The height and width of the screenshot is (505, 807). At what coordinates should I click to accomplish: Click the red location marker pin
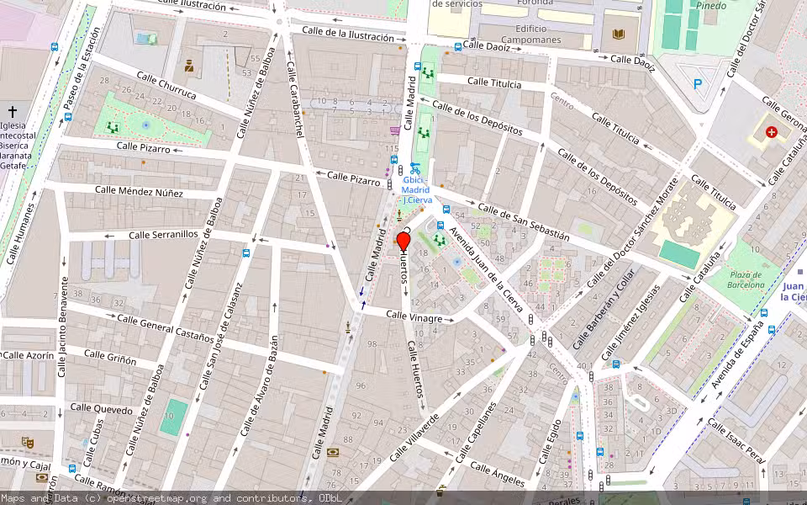pyautogui.click(x=403, y=242)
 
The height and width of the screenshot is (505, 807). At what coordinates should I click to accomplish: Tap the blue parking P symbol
pyautogui.click(x=697, y=83)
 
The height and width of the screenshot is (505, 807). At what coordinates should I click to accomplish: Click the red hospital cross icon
pyautogui.click(x=771, y=132)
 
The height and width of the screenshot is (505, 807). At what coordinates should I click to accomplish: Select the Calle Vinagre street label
pyautogui.click(x=414, y=317)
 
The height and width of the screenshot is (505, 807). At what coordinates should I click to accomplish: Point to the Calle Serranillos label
pyautogui.click(x=163, y=235)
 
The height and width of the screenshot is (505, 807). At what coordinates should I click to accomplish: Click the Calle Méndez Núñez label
pyautogui.click(x=139, y=191)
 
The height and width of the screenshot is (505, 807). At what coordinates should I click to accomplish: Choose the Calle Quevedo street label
pyautogui.click(x=101, y=409)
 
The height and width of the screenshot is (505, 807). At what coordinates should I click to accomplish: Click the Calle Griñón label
pyautogui.click(x=109, y=359)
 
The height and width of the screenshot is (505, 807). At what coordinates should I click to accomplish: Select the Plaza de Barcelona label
pyautogui.click(x=745, y=279)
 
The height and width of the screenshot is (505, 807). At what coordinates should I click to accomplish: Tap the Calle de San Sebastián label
pyautogui.click(x=523, y=222)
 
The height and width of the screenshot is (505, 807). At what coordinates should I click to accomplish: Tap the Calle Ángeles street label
pyautogui.click(x=497, y=474)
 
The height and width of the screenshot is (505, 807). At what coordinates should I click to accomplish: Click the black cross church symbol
pyautogui.click(x=13, y=111)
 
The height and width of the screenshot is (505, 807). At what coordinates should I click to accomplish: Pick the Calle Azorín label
pyautogui.click(x=29, y=356)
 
